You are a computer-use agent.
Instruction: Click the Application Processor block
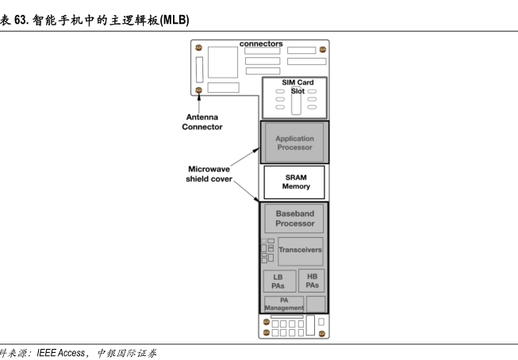pos(294,144)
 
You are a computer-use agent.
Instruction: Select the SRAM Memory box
pos(295,182)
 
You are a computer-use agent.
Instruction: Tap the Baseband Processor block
pos(294,219)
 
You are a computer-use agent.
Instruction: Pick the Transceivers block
pos(300,250)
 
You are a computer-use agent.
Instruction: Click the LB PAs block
pos(278,281)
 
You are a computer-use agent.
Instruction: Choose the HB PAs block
pos(313,280)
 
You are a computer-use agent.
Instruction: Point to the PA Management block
pos(283,304)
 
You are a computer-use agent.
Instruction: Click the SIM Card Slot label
pos(297,86)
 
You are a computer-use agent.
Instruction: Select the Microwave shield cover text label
pos(209,174)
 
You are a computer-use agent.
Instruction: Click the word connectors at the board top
pos(261,44)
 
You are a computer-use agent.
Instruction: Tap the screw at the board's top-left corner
pos(198,48)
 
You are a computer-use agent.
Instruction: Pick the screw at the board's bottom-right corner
pos(321,334)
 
